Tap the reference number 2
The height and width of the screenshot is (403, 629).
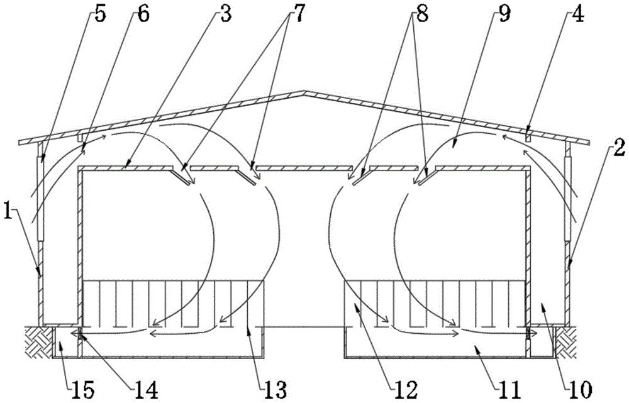coord(618,149)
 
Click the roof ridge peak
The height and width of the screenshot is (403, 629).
coord(305,93)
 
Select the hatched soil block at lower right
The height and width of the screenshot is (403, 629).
coord(569,340)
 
